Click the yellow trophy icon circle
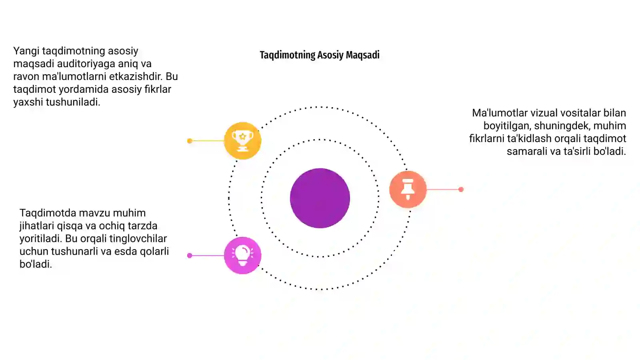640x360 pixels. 242,140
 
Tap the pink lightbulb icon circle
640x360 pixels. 242,256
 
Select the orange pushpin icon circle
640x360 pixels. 408,189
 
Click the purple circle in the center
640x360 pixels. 320,198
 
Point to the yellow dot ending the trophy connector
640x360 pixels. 190,141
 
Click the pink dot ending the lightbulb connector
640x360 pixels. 190,256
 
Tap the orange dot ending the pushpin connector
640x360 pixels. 461,190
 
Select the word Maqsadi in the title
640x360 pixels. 363,55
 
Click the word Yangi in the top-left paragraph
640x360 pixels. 26,51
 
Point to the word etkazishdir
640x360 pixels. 136,76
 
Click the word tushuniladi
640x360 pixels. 73,102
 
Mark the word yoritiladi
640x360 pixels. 41,238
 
